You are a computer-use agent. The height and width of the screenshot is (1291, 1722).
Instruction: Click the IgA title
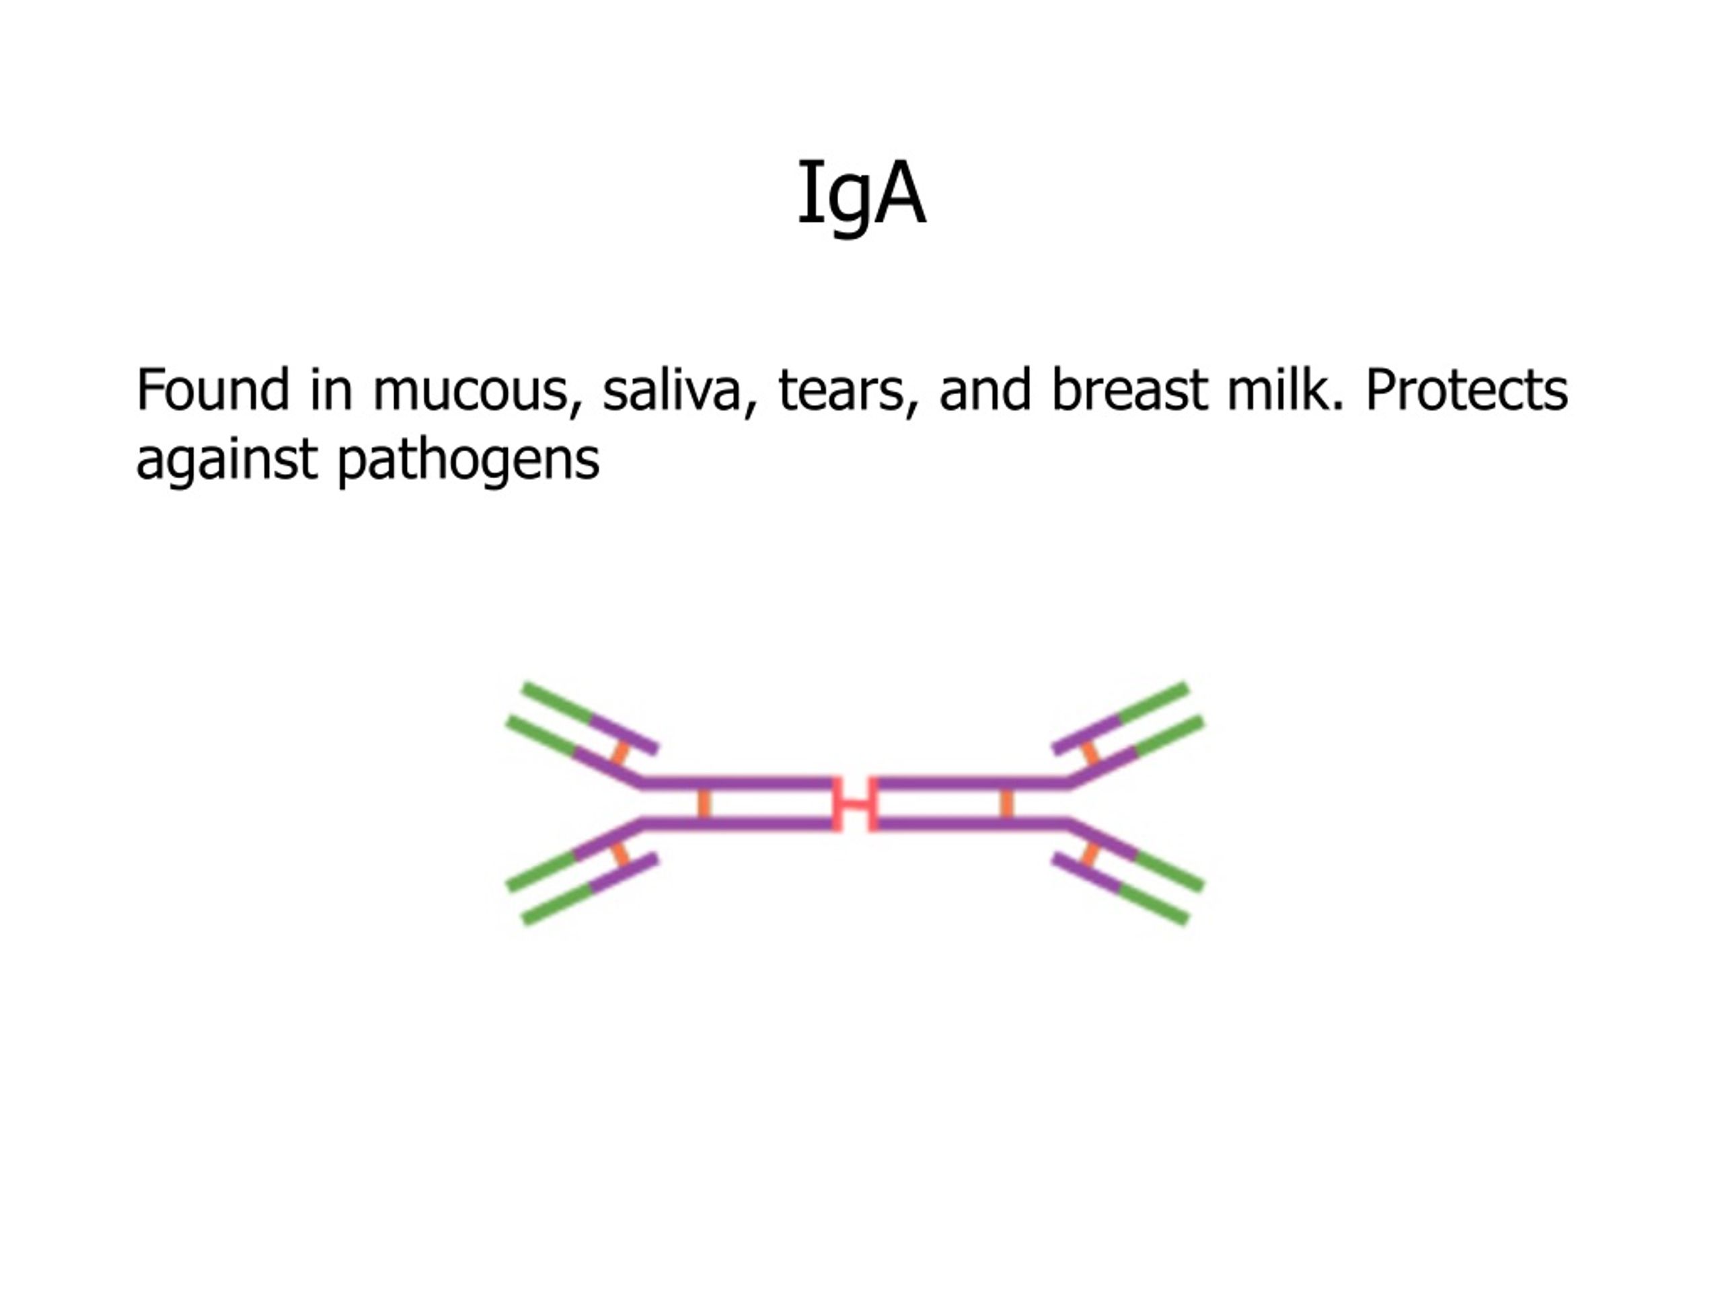tap(861, 193)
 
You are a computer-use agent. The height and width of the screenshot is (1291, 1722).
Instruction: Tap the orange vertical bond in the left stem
tap(704, 803)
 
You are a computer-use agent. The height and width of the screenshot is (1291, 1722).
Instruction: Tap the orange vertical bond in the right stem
tap(1006, 803)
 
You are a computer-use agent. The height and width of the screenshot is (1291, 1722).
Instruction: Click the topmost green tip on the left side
tap(556, 701)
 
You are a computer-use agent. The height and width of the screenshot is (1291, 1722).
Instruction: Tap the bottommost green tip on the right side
tap(1154, 906)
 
